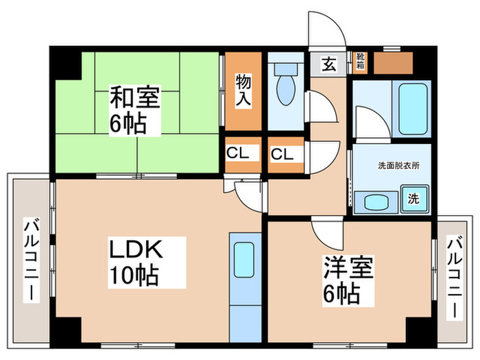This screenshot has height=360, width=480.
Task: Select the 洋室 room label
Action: [348, 267]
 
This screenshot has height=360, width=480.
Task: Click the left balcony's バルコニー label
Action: [31, 259]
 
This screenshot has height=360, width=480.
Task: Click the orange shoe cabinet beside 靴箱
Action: [393, 63]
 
